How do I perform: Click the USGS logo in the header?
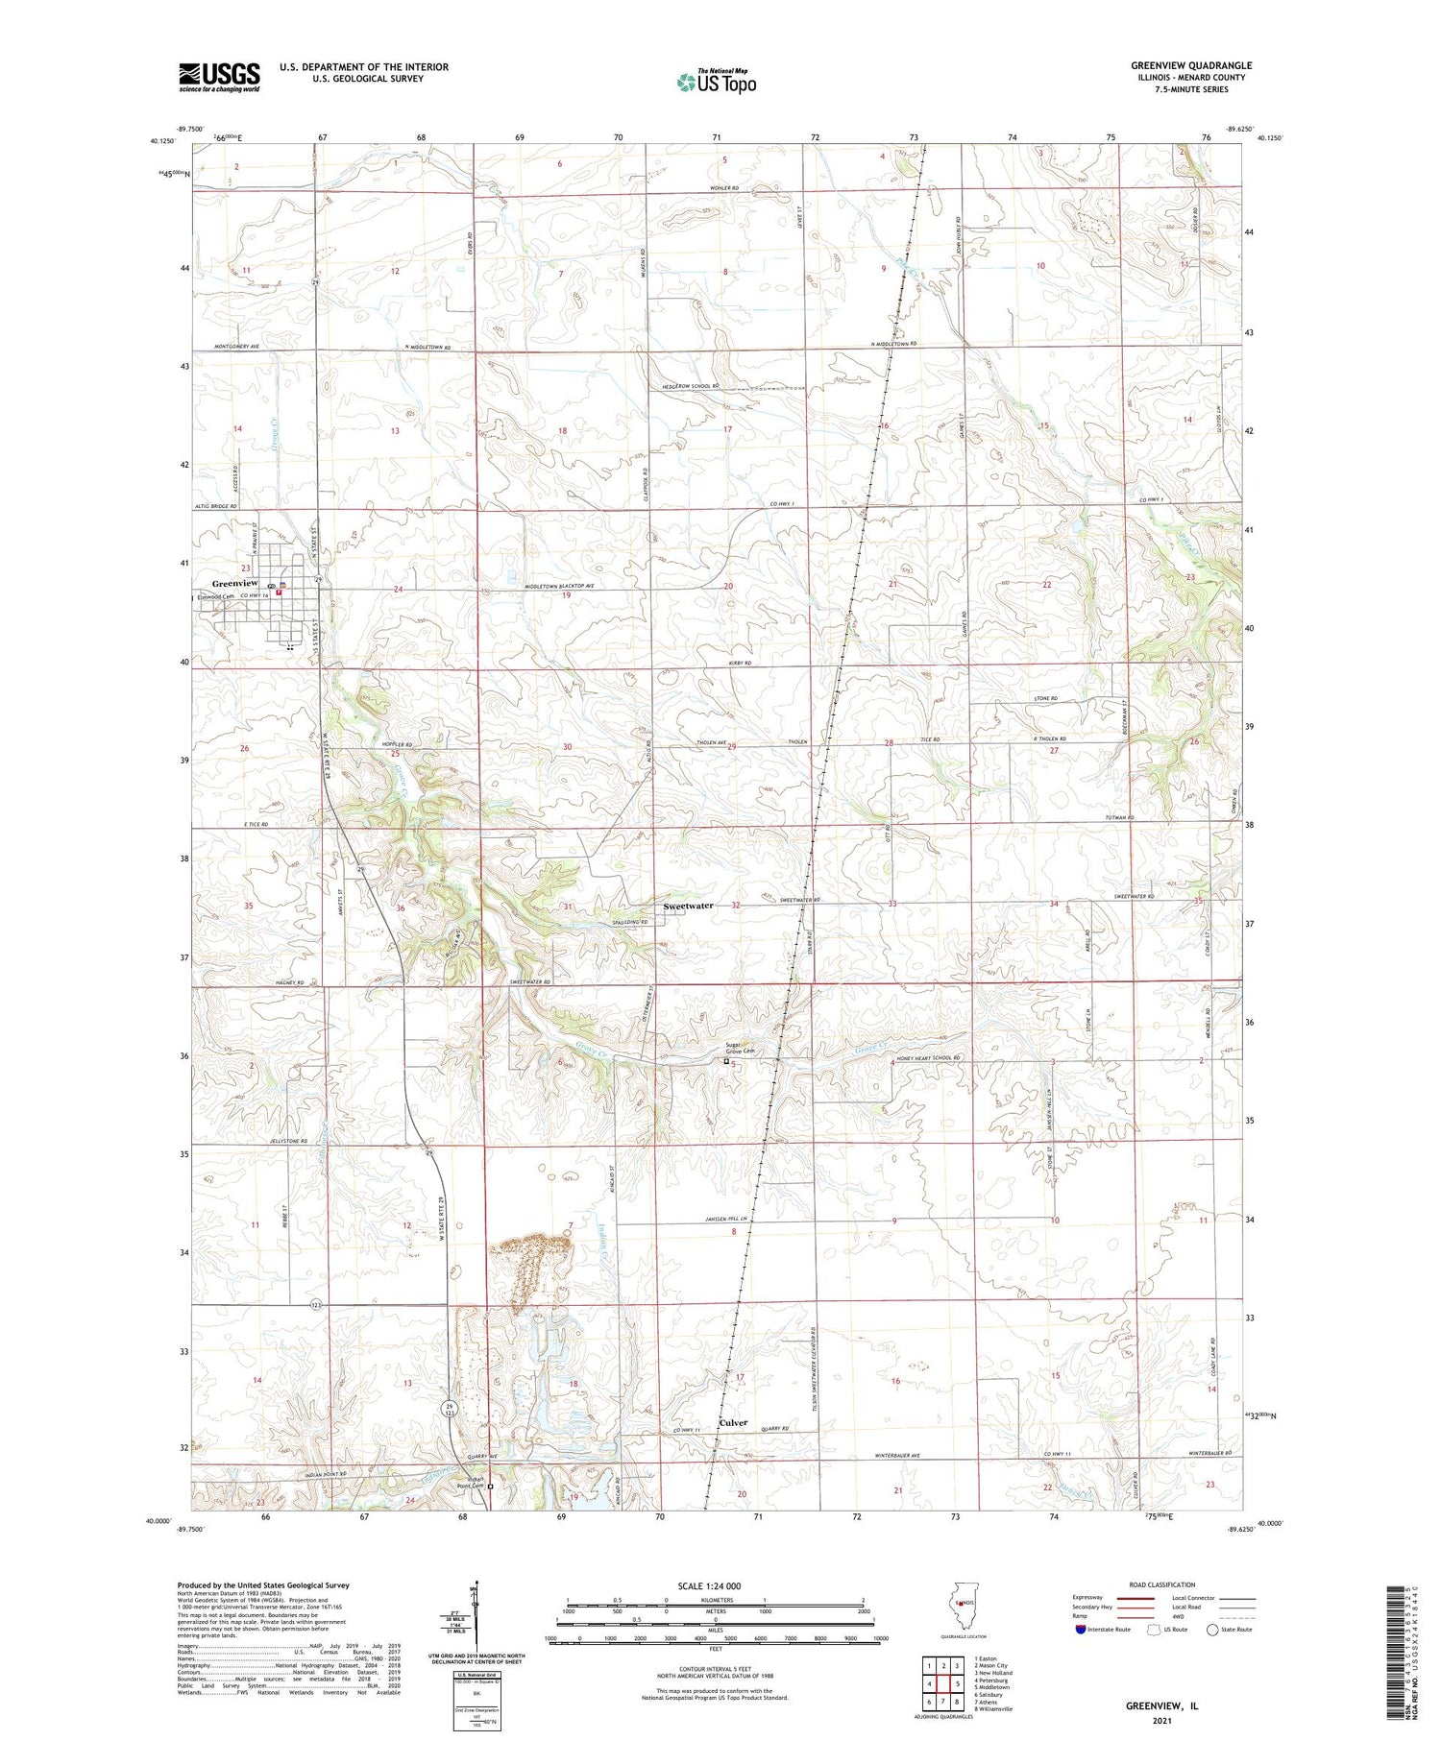pos(219,77)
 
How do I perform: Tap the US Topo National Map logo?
pos(716,82)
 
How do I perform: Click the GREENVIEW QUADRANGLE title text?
pos(1190,65)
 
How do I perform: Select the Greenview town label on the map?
pos(234,583)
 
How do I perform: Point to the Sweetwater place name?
pos(688,906)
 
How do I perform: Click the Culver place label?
pos(733,1423)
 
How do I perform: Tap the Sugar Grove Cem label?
pos(740,1048)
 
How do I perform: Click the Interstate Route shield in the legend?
pos(1081,1630)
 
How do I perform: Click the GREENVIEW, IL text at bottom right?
pos(1161,1706)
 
